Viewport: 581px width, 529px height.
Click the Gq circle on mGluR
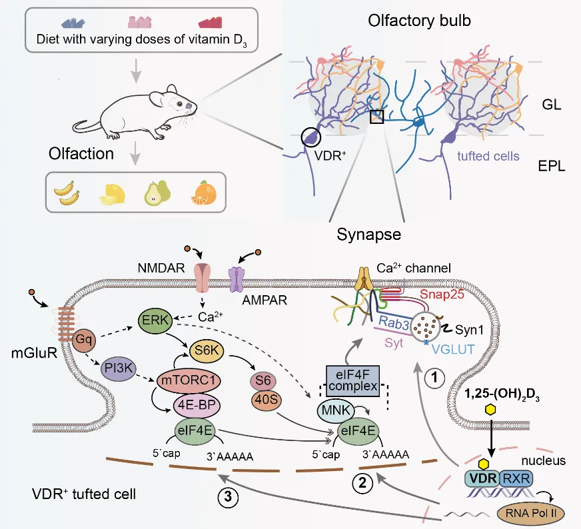coord(85,339)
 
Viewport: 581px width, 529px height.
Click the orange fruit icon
coord(203,193)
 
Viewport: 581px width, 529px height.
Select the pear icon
coord(158,193)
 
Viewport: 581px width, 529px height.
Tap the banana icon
coord(67,194)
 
